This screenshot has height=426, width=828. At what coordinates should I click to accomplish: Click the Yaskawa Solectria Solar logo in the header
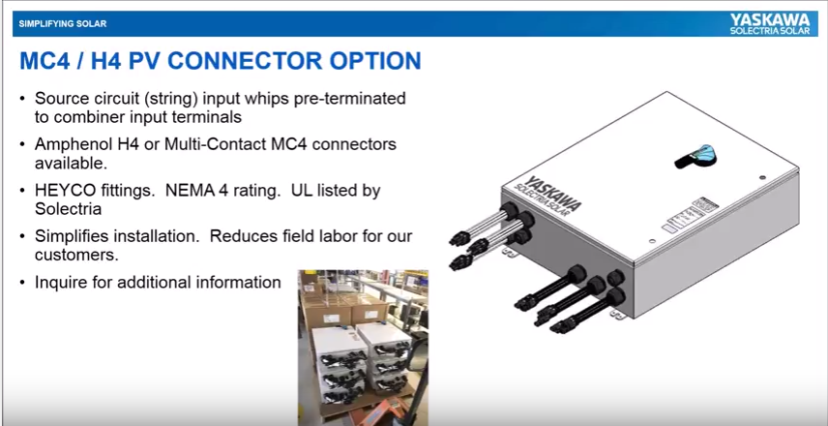pos(770,24)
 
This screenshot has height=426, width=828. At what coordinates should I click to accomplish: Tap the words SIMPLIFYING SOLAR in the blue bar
pos(62,24)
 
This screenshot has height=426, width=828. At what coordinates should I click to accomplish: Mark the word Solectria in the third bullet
pos(68,209)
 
